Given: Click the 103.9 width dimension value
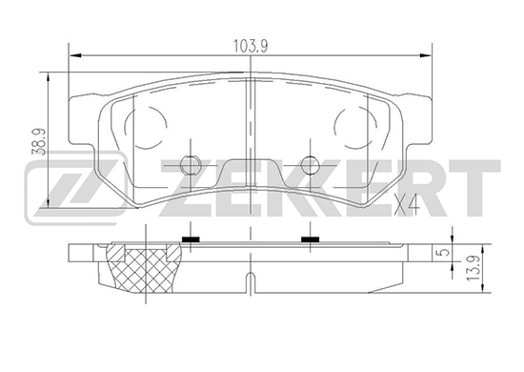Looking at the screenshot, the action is click(x=251, y=46).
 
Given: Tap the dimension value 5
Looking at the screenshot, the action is click(x=443, y=253).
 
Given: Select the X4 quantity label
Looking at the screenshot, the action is click(x=407, y=204).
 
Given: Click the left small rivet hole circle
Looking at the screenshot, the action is click(x=191, y=165).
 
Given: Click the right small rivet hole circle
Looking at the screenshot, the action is click(x=311, y=165).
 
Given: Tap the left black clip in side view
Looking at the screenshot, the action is click(x=191, y=239).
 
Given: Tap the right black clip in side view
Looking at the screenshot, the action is click(x=311, y=239).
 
